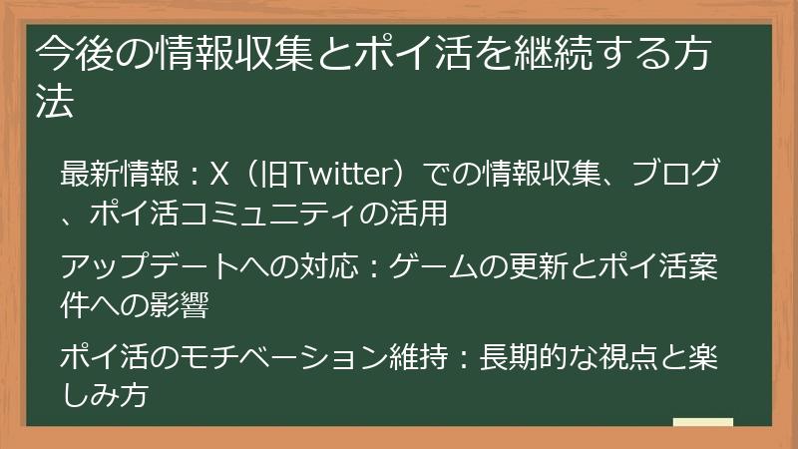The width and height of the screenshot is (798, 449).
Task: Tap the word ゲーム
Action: (x=434, y=267)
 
